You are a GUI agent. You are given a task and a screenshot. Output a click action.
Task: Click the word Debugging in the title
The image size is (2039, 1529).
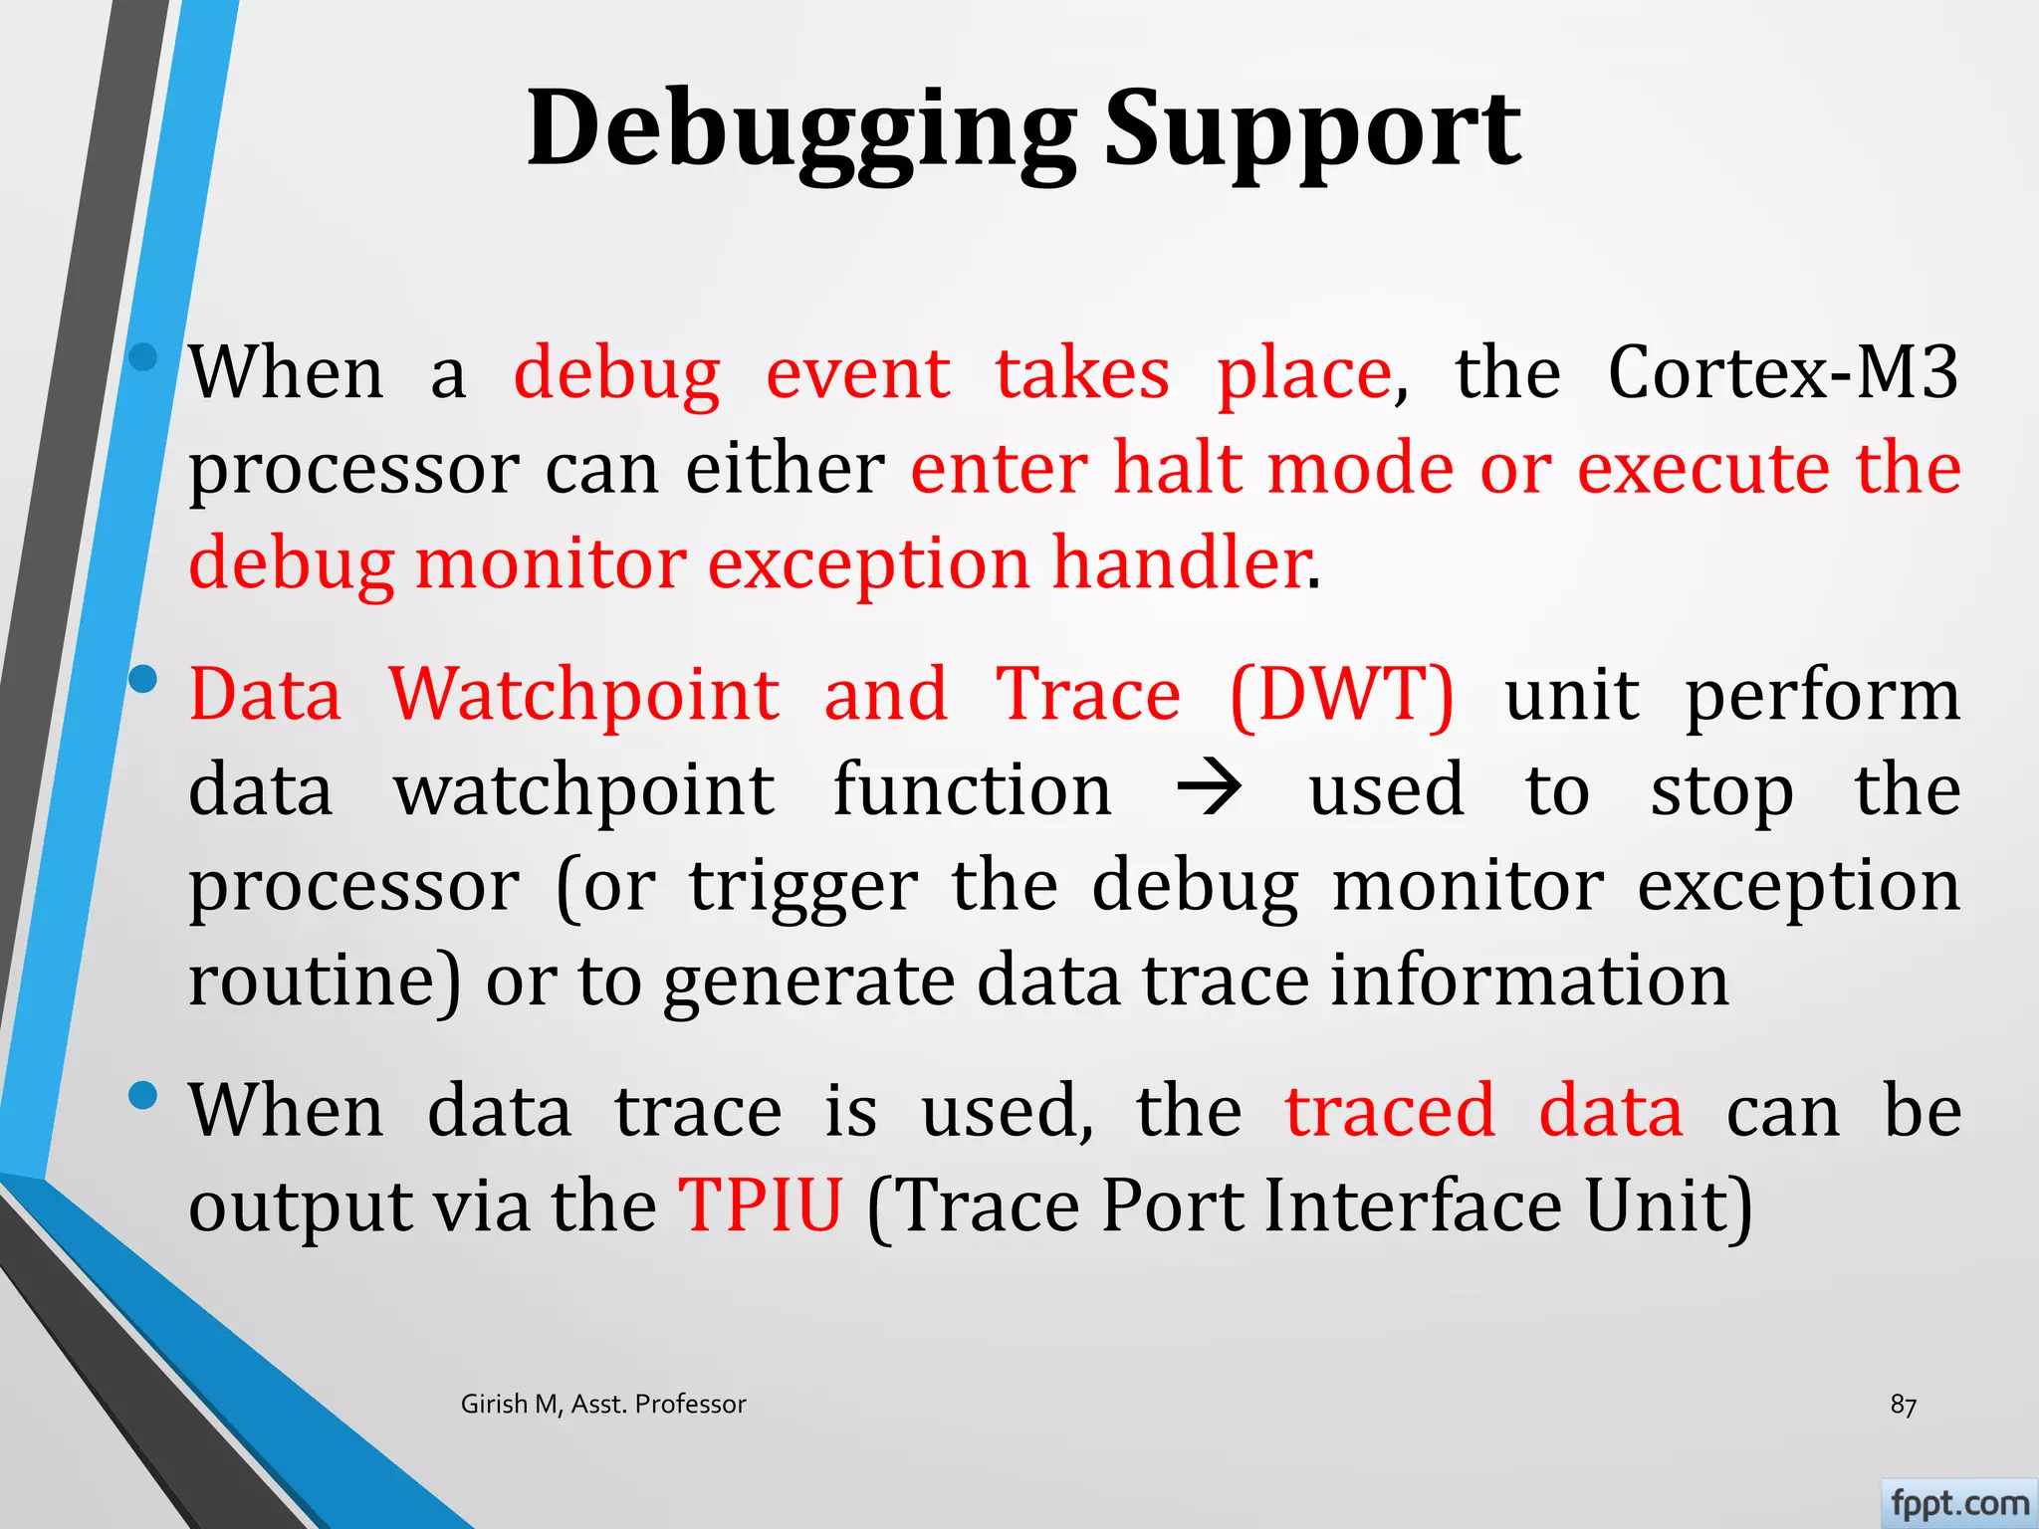[x=800, y=129]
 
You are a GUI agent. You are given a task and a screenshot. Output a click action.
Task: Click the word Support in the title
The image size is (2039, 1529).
[x=1311, y=129]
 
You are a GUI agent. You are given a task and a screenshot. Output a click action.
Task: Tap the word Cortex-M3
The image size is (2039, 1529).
[x=1782, y=372]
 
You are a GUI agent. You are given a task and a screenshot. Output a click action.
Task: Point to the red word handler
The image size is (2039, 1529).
[x=1181, y=563]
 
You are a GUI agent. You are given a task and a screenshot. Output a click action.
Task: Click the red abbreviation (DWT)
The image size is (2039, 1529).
[x=1341, y=694]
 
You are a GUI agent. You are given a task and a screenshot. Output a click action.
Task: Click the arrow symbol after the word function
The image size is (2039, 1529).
[x=1209, y=789]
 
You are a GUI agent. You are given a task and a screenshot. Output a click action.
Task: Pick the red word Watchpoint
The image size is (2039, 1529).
[x=583, y=694]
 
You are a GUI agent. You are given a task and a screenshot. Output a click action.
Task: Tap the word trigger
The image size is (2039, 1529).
[x=803, y=886]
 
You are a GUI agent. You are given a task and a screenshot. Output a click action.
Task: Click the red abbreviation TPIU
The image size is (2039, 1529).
[x=761, y=1205]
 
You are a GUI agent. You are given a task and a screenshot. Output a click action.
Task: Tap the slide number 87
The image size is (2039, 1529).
[x=1903, y=1405]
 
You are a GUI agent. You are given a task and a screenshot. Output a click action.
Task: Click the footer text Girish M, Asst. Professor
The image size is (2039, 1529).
[x=603, y=1404]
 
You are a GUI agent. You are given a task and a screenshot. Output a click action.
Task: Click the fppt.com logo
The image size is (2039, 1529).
[x=1958, y=1503]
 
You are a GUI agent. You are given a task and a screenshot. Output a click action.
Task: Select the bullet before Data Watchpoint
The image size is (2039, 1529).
[x=144, y=680]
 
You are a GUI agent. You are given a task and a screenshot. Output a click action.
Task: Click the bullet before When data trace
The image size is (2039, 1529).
[x=144, y=1095]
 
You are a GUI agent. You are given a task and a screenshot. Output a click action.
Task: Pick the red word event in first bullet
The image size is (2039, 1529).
[x=857, y=372]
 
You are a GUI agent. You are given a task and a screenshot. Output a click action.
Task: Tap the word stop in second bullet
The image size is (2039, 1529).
[x=1721, y=791]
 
